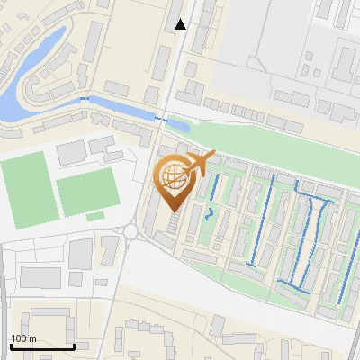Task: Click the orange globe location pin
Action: (174, 184)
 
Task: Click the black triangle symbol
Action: (181, 24)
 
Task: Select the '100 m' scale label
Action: (22, 338)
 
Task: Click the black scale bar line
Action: (42, 346)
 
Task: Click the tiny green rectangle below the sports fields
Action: (95, 216)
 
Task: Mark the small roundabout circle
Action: (131, 231)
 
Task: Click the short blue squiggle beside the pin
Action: (210, 213)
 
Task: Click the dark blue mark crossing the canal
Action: (161, 118)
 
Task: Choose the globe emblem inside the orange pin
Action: (174, 178)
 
